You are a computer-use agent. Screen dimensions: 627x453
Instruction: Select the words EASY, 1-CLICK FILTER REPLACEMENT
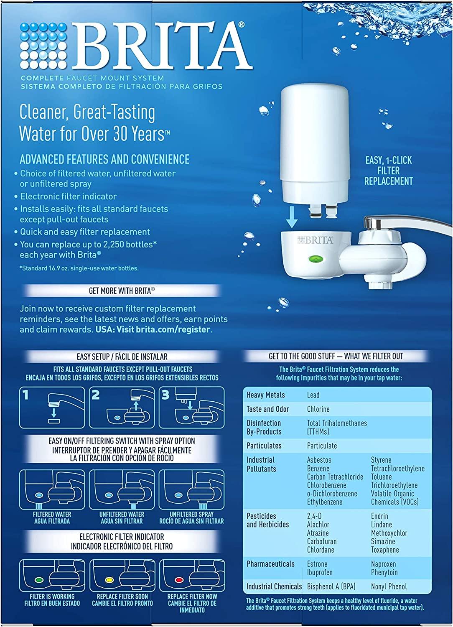(x=388, y=171)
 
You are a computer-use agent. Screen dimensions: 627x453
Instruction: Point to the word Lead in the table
(x=313, y=395)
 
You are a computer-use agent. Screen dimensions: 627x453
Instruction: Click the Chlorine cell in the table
(x=318, y=409)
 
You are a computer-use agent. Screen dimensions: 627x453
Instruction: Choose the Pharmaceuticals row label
(x=270, y=564)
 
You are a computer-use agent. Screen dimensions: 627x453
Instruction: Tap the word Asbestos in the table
(x=319, y=460)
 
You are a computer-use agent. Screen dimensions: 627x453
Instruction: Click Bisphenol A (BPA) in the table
(x=331, y=586)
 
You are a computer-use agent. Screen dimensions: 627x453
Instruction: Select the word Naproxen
(x=383, y=564)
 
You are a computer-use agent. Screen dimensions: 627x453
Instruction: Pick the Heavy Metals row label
(x=265, y=395)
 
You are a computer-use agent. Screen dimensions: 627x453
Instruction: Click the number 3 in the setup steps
(x=165, y=395)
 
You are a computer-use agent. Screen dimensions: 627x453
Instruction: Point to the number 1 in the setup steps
(x=26, y=395)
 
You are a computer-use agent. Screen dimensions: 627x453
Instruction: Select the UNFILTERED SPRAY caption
(x=191, y=517)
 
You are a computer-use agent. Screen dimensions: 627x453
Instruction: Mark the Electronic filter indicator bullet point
(x=68, y=196)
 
